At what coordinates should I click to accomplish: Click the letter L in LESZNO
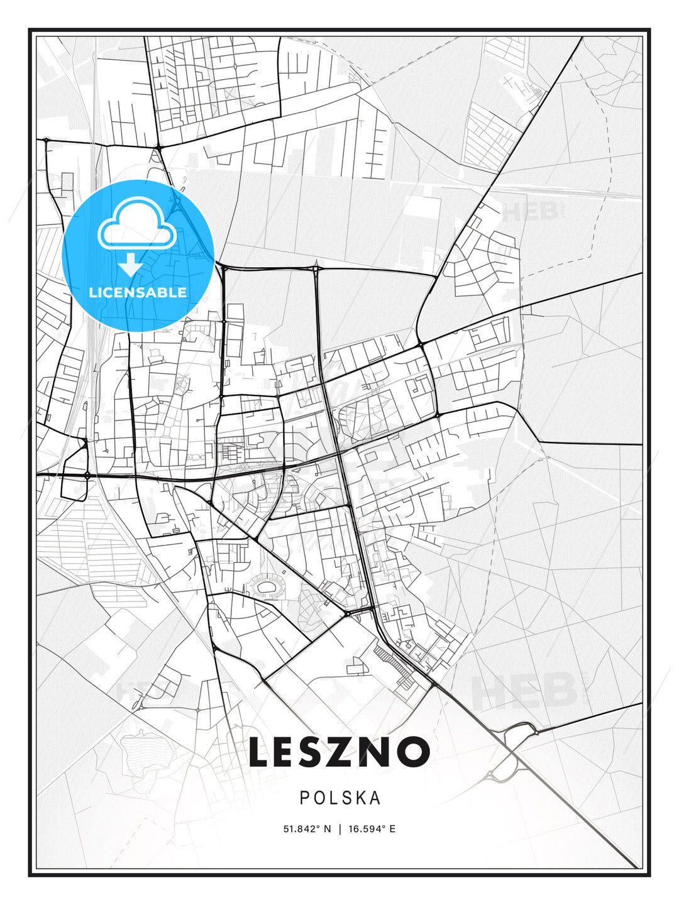[260, 752]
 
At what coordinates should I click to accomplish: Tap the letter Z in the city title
[338, 752]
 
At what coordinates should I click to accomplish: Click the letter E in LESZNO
[287, 752]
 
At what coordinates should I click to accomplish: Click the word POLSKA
[340, 798]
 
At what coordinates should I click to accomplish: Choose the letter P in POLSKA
[304, 798]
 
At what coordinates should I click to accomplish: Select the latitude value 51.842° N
[307, 829]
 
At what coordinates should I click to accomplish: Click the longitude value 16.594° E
[372, 829]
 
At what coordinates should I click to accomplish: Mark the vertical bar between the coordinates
[339, 829]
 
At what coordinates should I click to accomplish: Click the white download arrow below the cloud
[131, 265]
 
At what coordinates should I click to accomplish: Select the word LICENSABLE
[138, 292]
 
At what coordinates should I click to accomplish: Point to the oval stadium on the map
[267, 588]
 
